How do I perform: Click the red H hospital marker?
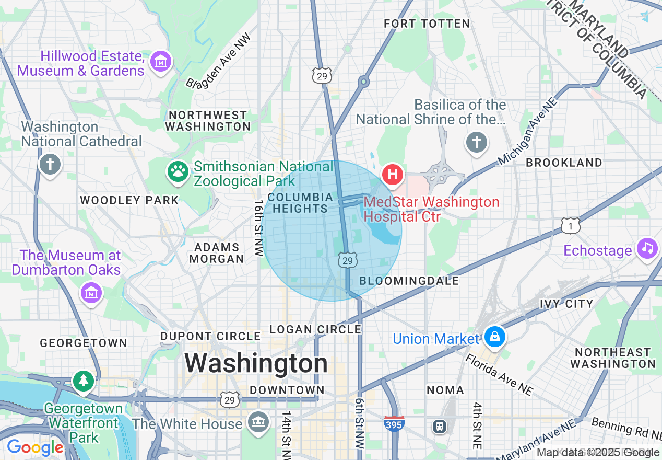(x=393, y=175)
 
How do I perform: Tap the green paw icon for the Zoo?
(x=178, y=171)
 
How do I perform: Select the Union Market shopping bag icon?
(x=494, y=337)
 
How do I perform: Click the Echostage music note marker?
(x=647, y=247)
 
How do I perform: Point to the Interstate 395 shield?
(x=393, y=424)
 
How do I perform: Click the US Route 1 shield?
(x=571, y=225)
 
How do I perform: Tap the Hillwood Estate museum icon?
(x=161, y=62)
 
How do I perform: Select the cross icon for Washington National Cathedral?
(x=50, y=165)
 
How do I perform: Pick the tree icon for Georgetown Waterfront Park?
(x=83, y=381)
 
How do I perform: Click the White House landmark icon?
(x=257, y=421)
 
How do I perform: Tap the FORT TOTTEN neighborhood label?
(x=427, y=24)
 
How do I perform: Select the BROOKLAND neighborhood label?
(x=564, y=163)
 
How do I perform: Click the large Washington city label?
(x=256, y=363)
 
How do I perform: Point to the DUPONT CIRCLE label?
(x=210, y=336)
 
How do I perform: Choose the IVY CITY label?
(x=566, y=304)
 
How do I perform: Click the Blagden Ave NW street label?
(x=218, y=61)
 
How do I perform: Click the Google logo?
(x=35, y=448)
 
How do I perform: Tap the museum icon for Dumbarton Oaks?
(x=91, y=293)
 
